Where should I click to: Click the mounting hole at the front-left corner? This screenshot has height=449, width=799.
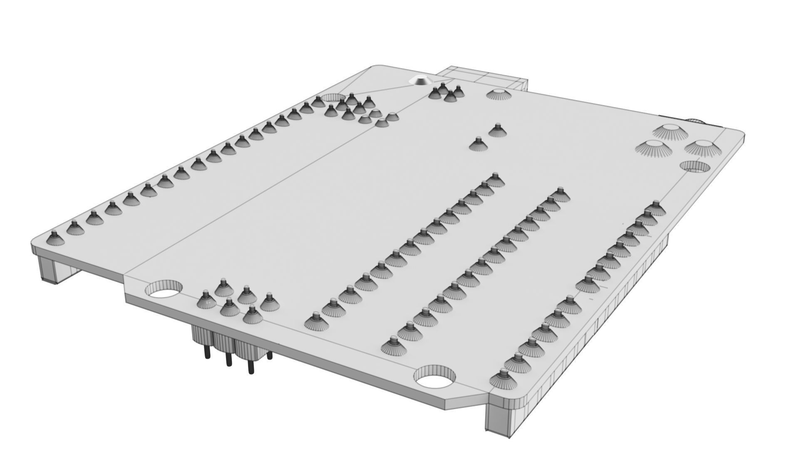coord(164,290)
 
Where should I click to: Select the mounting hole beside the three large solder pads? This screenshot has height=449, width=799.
coord(695,167)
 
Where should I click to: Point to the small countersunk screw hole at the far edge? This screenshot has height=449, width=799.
coord(419,81)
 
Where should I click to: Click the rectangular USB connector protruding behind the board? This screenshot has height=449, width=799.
coord(483,77)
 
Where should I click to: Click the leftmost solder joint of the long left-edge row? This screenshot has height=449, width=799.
coord(53,238)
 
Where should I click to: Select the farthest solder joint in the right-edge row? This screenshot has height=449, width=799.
coord(655,208)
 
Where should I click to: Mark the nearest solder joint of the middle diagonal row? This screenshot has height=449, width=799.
coord(394,345)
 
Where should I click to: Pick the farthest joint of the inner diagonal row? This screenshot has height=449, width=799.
coord(495,180)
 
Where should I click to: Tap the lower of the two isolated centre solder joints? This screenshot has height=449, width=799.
coord(478,144)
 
